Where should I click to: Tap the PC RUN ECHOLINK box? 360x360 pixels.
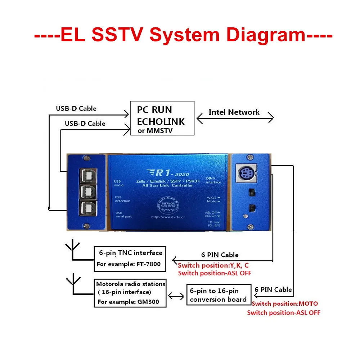162,118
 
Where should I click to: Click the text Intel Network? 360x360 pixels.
234,112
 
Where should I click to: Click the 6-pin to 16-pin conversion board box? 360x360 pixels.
218,295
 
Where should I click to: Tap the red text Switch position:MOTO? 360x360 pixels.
285,304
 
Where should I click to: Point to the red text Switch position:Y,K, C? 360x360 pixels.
213,265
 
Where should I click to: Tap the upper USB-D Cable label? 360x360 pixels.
76,108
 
